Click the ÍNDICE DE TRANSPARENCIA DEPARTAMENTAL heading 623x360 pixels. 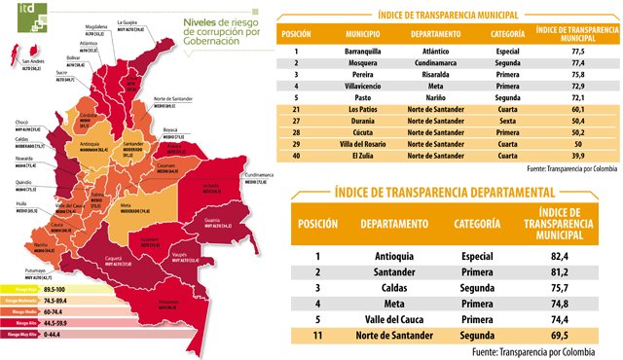click(445, 194)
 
